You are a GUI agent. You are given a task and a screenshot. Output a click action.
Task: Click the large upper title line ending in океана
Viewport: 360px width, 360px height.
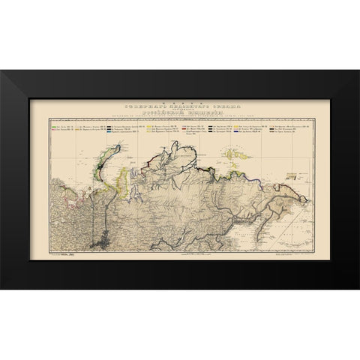pyautogui.click(x=179, y=101)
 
